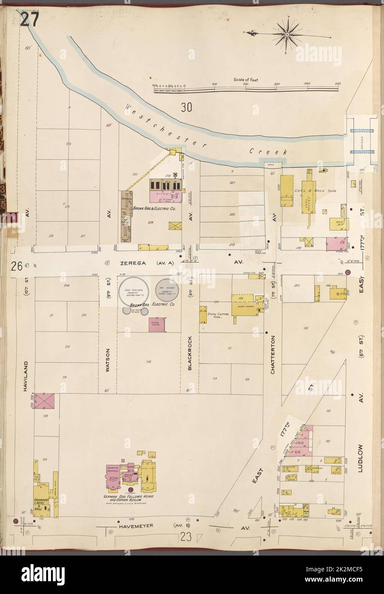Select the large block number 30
point(186,108)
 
